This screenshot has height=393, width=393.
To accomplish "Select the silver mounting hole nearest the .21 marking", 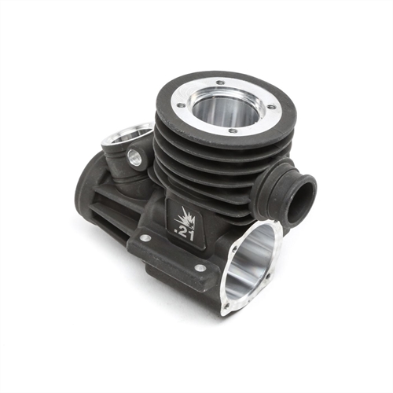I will click(x=146, y=237).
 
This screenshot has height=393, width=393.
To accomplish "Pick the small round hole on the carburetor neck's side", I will click(x=134, y=159).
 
